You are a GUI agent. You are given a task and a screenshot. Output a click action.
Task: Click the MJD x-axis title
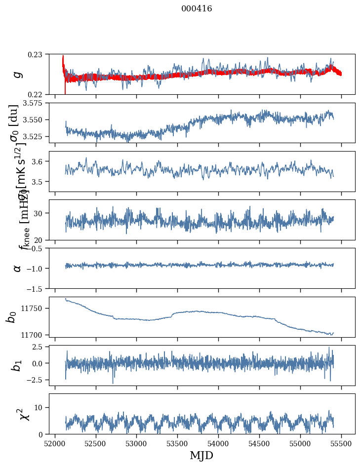pos(201,456)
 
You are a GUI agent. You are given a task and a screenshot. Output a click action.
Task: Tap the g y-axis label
pos(18,74)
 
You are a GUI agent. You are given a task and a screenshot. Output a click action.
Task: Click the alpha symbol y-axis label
pos(18,268)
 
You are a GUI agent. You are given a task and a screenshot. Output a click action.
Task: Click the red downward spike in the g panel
pos(65,89)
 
